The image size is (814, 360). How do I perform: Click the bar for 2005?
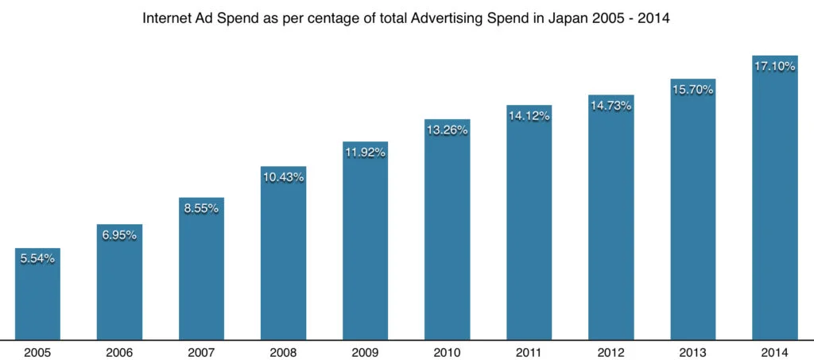point(37,294)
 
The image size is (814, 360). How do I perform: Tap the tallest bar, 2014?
point(774,198)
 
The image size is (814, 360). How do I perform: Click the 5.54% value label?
point(37,258)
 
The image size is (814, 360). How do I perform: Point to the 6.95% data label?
point(119,235)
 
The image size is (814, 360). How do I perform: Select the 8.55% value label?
point(201,208)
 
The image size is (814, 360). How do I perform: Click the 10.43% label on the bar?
point(283,177)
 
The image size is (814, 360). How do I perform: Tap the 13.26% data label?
point(447,130)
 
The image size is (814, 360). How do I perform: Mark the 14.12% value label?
point(529,116)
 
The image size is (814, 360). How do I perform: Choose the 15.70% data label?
point(692,90)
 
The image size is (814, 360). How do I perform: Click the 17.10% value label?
point(774,67)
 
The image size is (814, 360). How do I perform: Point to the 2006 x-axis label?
point(119,350)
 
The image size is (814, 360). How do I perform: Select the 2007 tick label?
point(201,350)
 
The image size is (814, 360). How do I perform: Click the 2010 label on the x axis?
point(447,350)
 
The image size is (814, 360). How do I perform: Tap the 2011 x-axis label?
point(529,350)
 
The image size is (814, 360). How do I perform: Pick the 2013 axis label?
point(692,350)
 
